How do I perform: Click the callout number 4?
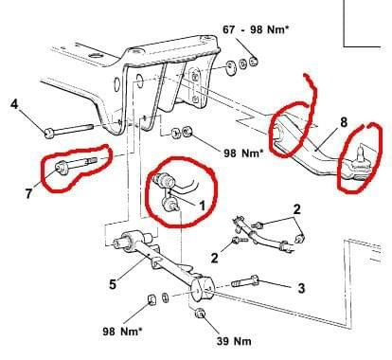[14, 103]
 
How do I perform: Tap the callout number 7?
[28, 193]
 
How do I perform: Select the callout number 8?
[344, 122]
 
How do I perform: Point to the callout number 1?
[202, 206]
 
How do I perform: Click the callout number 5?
[113, 284]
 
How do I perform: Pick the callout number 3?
[301, 288]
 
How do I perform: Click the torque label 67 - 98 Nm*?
[256, 29]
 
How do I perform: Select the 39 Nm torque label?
[234, 341]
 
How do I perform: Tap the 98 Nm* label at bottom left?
[122, 332]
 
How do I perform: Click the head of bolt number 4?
[49, 133]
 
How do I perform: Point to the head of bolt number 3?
[254, 279]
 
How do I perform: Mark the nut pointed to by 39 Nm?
[201, 314]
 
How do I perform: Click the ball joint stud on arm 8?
[361, 153]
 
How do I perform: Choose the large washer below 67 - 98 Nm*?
[232, 67]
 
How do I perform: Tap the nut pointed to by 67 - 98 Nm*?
[254, 62]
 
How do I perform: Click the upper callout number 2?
[296, 209]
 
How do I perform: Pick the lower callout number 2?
[214, 258]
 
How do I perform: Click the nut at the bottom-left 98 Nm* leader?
[151, 299]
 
